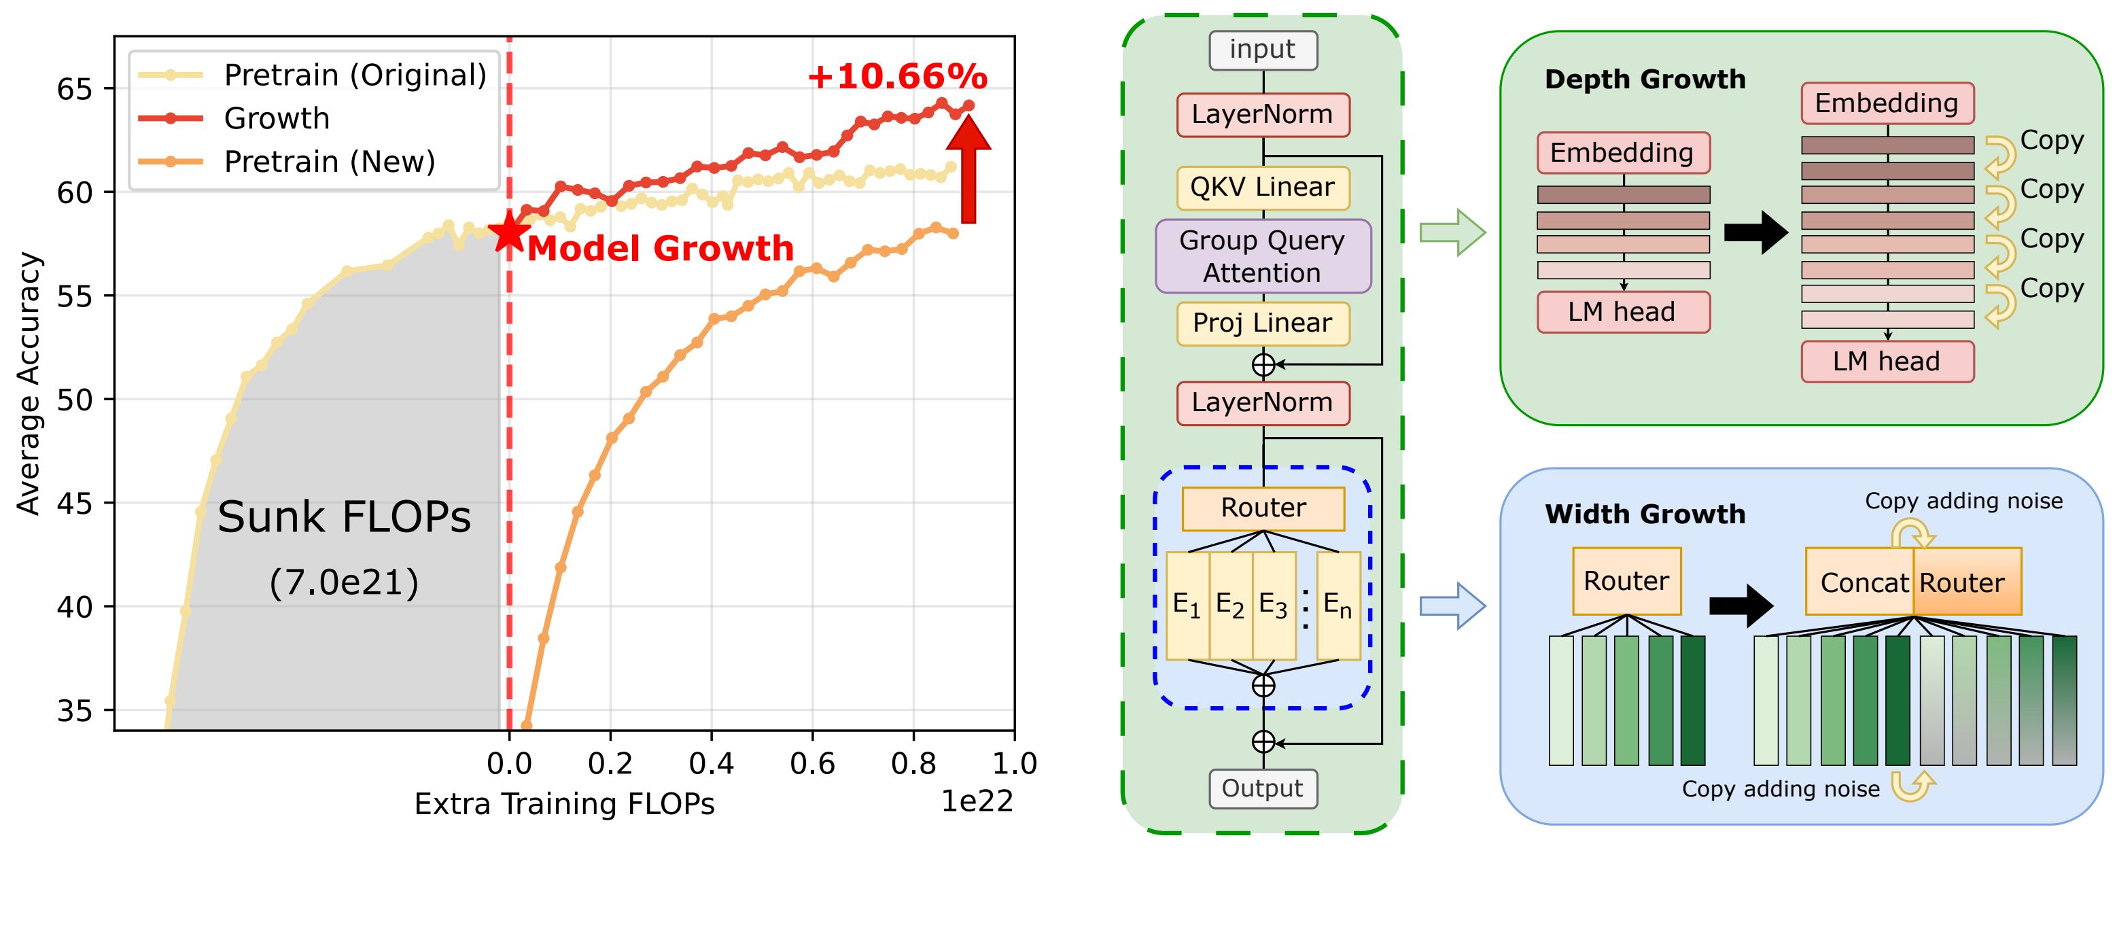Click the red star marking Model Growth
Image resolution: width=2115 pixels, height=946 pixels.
(508, 232)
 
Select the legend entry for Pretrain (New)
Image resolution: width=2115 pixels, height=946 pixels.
(328, 162)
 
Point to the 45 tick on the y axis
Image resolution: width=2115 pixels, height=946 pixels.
(74, 503)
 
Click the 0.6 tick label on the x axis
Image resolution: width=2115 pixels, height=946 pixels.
(812, 764)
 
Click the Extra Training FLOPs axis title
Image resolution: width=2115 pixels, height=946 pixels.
(564, 803)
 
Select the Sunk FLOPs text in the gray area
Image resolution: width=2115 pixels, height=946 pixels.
(344, 517)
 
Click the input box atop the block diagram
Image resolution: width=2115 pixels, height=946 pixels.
(1263, 50)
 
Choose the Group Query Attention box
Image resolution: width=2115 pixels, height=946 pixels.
(1263, 256)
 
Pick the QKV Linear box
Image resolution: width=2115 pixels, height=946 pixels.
(1263, 188)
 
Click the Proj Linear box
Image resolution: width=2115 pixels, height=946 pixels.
(1263, 323)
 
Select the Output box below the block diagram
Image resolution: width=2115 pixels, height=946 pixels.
(1263, 788)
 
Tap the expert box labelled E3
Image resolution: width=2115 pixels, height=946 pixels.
(1274, 606)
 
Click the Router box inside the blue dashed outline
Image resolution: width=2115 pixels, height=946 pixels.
(1263, 508)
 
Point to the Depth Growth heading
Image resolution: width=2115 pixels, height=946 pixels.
(1645, 80)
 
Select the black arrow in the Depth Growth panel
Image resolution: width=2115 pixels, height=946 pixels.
(1755, 232)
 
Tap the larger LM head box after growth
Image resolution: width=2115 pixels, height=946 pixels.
(1887, 362)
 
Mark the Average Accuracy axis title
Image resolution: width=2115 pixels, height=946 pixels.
(29, 383)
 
